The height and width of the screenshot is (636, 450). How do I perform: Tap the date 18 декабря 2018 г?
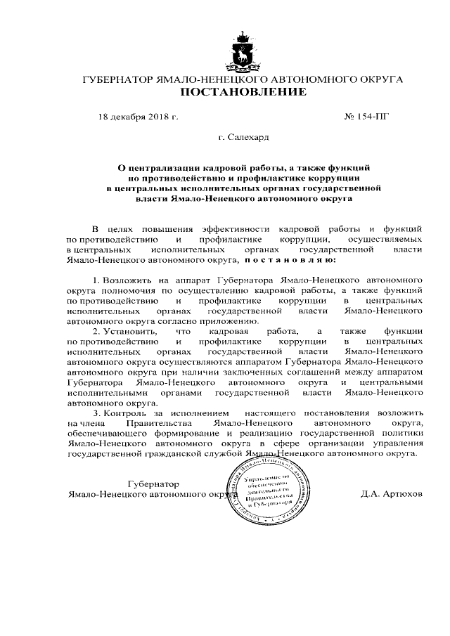click(138, 117)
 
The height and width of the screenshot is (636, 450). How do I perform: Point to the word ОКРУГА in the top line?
click(380, 79)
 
